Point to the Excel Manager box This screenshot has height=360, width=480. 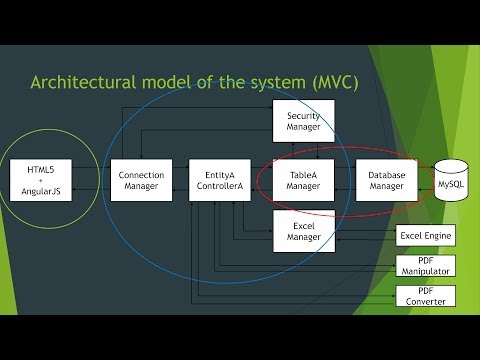pos(303,231)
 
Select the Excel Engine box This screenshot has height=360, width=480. pos(426,237)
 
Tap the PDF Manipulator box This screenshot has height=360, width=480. pos(426,266)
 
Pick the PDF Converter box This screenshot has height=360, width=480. pos(426,296)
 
